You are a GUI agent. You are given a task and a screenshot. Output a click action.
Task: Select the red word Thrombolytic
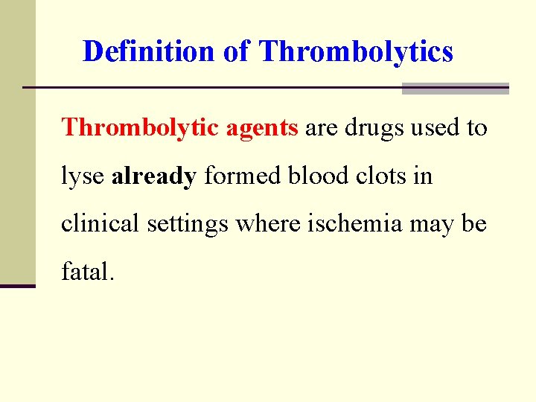click(x=141, y=128)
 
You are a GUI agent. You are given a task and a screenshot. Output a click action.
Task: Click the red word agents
click(x=262, y=129)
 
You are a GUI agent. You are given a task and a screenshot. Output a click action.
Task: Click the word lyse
click(x=83, y=177)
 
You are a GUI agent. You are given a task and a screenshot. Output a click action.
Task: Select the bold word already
click(x=154, y=177)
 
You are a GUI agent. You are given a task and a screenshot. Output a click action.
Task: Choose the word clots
click(x=365, y=176)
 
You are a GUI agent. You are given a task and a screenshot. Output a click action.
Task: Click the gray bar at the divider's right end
click(x=455, y=89)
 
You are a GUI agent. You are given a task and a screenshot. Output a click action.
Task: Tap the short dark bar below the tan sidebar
click(x=18, y=286)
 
